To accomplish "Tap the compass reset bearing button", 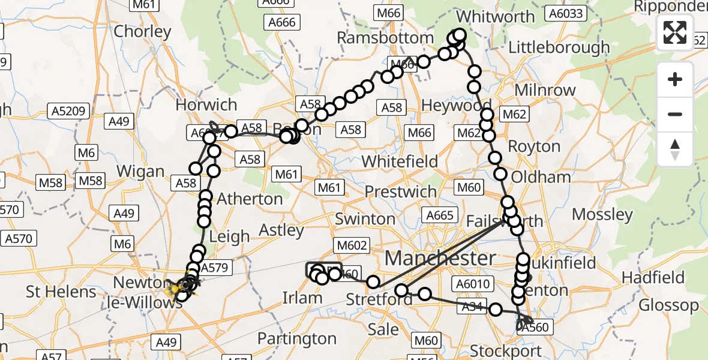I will point(675,149).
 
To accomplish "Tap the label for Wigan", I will point(140,171).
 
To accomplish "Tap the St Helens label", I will point(61,292).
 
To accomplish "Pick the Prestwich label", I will point(401,192).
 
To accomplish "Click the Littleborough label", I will point(559,47).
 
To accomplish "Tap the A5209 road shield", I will point(70,111).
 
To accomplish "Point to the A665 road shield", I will point(441,215).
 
